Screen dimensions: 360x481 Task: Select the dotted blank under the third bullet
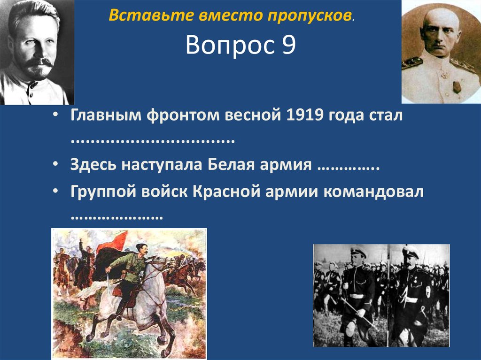click(116, 217)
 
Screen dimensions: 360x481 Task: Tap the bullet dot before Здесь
click(56, 166)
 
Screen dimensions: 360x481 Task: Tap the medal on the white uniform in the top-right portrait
click(456, 87)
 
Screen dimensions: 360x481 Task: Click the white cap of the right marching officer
click(409, 250)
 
